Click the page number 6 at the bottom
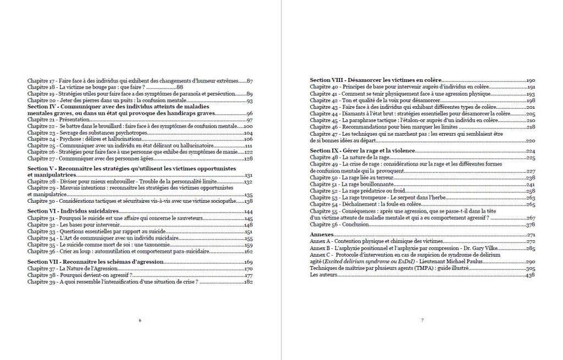(140, 320)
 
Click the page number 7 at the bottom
(422, 320)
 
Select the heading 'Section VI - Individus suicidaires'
(73, 212)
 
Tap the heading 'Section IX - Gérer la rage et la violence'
(362, 151)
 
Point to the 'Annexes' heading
(322, 235)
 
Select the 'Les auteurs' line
(322, 275)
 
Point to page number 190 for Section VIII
(531, 80)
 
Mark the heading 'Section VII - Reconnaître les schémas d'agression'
(95, 262)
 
